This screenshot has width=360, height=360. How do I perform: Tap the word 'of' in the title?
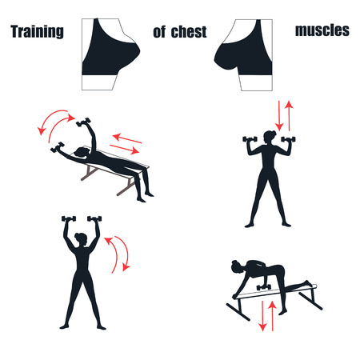pyautogui.click(x=159, y=32)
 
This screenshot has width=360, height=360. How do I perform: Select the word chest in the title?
pyautogui.click(x=189, y=32)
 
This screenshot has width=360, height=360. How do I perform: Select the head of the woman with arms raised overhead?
pyautogui.click(x=80, y=239)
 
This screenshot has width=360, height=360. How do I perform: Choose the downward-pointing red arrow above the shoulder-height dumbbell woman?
pyautogui.click(x=278, y=115)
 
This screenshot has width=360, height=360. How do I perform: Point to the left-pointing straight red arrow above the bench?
pyautogui.click(x=126, y=138)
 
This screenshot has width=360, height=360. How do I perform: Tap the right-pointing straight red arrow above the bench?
pyautogui.click(x=124, y=150)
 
